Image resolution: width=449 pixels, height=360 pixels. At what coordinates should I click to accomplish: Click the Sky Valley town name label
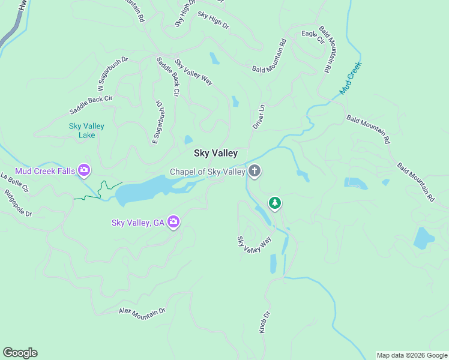(x=215, y=154)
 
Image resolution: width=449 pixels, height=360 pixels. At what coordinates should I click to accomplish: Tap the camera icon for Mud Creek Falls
(x=85, y=171)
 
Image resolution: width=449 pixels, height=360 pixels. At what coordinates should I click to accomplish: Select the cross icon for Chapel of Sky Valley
(x=255, y=172)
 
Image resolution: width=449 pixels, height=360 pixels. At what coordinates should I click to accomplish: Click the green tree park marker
(x=275, y=203)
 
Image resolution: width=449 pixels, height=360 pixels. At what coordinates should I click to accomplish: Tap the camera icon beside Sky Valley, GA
(x=174, y=223)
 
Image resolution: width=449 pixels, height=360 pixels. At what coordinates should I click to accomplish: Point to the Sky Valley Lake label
(x=86, y=130)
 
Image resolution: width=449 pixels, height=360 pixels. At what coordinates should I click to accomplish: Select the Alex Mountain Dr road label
(x=142, y=311)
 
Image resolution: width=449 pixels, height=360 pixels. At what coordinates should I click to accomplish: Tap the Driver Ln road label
(x=258, y=116)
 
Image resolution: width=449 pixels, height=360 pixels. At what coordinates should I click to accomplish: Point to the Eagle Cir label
(x=309, y=34)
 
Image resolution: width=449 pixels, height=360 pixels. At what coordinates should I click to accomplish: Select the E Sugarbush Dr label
(x=157, y=122)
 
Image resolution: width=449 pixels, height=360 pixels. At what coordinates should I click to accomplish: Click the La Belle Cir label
(x=14, y=182)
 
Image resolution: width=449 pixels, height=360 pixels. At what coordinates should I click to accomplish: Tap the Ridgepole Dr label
(x=17, y=203)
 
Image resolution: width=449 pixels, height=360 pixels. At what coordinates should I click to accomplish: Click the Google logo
(x=20, y=353)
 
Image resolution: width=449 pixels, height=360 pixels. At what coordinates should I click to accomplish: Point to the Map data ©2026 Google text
(x=412, y=355)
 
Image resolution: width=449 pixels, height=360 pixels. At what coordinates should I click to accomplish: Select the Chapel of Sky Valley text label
(x=208, y=172)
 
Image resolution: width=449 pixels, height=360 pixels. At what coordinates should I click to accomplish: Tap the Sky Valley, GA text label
(x=138, y=223)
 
